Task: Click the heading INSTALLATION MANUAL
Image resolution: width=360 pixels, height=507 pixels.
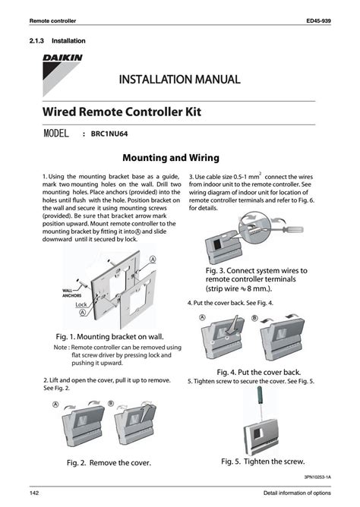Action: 179,80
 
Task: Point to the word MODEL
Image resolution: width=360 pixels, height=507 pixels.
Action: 58,134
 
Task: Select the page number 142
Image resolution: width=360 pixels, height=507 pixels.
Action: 35,494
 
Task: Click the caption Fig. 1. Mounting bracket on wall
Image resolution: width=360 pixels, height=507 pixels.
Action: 109,335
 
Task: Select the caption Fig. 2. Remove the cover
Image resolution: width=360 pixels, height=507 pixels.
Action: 109,462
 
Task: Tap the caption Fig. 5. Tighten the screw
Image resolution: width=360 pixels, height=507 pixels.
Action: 263,461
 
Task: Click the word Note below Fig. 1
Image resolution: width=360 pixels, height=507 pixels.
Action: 61,348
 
